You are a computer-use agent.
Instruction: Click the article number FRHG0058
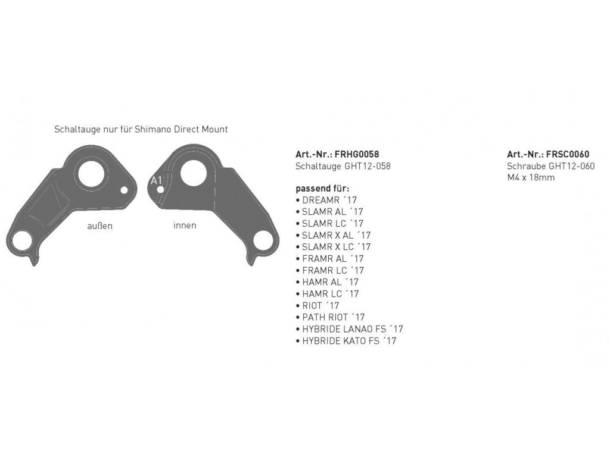tap(357, 154)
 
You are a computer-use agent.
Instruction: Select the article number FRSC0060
tap(568, 154)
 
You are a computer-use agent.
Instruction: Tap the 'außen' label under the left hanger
tap(99, 226)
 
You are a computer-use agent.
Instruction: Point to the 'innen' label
tap(185, 226)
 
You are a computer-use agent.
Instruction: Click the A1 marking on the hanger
tap(156, 181)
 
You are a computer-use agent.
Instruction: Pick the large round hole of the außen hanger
tap(92, 173)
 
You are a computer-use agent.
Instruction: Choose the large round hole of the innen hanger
tap(194, 173)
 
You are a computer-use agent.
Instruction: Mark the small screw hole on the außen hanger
tap(124, 190)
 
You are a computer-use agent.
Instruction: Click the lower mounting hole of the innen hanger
tap(263, 240)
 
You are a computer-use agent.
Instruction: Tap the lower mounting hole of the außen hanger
tap(22, 240)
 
